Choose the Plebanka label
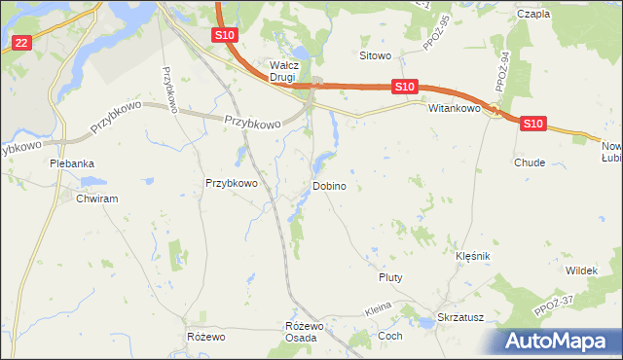coord(72,163)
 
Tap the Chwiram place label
coord(96,198)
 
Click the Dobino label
coord(329,185)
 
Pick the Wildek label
coord(580,270)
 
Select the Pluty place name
coord(390,277)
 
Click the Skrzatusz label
coord(460,318)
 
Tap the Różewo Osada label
coord(301,331)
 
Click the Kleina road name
coord(378,308)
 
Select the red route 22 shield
coord(22,42)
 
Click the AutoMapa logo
coord(559,342)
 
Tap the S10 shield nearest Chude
coord(531,124)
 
